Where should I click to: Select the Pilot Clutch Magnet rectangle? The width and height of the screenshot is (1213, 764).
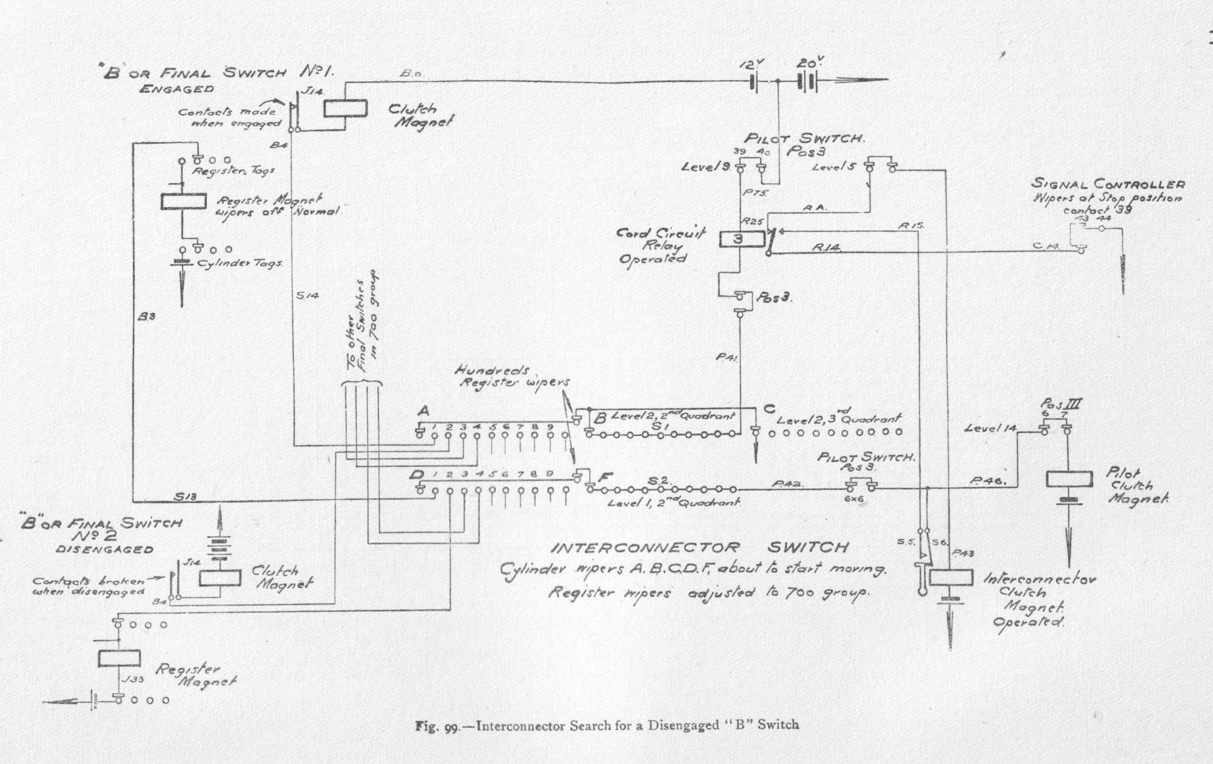coord(1069,480)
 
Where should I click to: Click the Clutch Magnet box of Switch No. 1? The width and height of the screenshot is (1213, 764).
coord(345,109)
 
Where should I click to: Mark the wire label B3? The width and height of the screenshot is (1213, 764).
coord(147,316)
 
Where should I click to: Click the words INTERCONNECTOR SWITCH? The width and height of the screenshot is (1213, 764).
coord(698,548)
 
